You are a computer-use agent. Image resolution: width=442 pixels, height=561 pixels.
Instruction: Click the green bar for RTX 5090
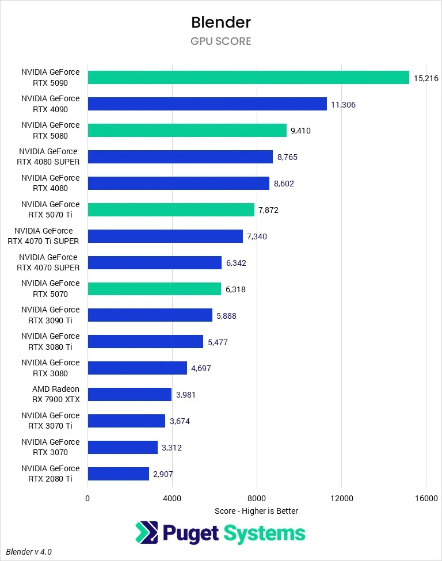tap(248, 78)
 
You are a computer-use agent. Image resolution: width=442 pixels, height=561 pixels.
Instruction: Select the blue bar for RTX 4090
tap(207, 104)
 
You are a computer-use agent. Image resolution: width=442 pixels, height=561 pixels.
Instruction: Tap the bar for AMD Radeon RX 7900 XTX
tap(129, 395)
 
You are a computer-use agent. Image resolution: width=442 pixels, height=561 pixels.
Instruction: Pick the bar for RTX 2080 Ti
tap(118, 474)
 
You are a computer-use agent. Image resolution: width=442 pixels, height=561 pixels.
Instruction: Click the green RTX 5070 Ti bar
tap(171, 210)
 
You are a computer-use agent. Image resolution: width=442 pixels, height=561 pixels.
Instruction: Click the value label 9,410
tap(300, 131)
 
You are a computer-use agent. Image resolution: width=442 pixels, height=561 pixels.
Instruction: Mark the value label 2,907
tap(162, 474)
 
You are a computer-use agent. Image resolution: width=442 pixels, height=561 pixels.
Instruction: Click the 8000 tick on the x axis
tap(257, 498)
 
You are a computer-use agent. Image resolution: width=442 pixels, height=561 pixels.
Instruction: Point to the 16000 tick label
tap(426, 498)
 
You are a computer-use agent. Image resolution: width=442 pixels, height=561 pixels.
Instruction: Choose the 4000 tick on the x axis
tap(172, 498)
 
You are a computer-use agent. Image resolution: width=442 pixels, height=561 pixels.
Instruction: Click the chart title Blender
tap(221, 22)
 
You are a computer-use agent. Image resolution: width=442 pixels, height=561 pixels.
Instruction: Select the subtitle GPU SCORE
tap(221, 41)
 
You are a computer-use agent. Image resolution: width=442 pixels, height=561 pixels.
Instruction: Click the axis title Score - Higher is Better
tap(257, 511)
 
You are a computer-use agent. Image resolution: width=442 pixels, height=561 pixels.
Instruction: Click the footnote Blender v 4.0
tap(29, 551)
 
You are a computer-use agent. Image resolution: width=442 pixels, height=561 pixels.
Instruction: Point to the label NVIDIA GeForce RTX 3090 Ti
tap(51, 315)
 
